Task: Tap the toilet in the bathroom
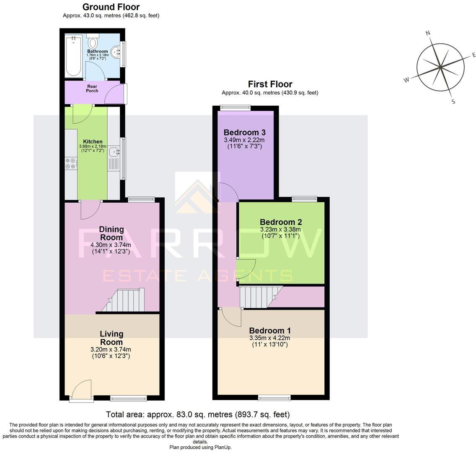[x=93, y=42]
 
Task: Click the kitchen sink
[x=113, y=151]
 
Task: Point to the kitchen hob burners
[x=70, y=164]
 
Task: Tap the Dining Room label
[x=111, y=233]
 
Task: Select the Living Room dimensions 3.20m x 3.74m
[x=111, y=349]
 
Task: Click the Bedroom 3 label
[x=244, y=133]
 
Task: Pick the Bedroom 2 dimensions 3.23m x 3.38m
[x=280, y=229]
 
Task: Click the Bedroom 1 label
[x=269, y=331]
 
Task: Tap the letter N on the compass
[x=428, y=33]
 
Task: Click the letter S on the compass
[x=453, y=102]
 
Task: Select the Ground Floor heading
[x=111, y=7]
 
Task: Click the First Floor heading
[x=270, y=84]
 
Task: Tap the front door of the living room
[x=82, y=390]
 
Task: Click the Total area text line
[x=197, y=415]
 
